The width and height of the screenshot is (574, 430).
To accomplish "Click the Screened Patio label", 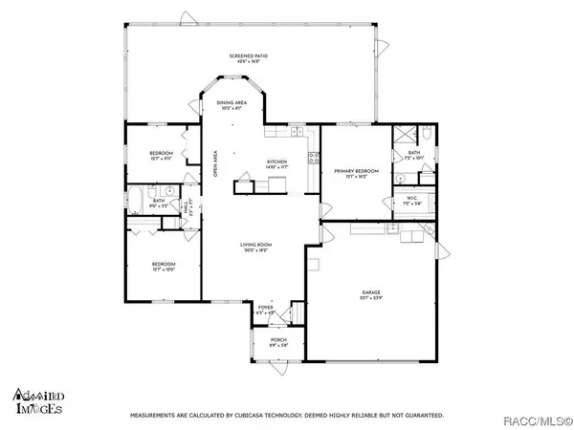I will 247,56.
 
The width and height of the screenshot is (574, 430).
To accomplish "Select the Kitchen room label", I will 276,161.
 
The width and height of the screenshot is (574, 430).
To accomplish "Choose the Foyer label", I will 265,307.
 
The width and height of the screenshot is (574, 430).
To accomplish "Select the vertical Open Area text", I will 216,165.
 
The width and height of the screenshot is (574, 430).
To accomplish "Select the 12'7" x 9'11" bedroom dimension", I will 160,160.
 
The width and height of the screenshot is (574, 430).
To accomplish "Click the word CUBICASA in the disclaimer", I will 249,416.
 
